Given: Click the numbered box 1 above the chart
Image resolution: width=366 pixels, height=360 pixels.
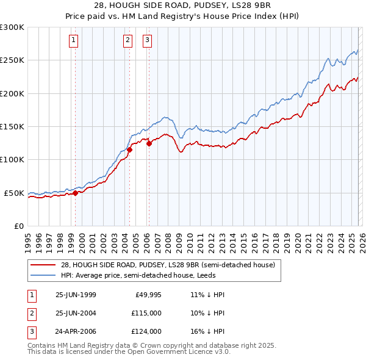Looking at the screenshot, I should click(x=73, y=41).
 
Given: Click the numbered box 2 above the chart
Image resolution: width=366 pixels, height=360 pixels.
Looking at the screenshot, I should click(x=127, y=41).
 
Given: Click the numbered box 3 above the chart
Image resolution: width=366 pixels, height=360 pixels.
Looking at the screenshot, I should click(x=148, y=41).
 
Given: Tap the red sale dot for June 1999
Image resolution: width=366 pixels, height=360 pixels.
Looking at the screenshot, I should click(x=76, y=193).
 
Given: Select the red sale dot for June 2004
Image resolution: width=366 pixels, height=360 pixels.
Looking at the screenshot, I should click(x=130, y=149).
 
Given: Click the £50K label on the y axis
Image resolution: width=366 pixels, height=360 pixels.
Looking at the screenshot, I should click(x=14, y=193).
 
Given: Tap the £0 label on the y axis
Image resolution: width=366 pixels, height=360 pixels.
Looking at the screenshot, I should click(x=18, y=226).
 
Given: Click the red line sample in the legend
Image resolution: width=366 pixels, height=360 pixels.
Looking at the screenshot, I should click(x=43, y=265).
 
